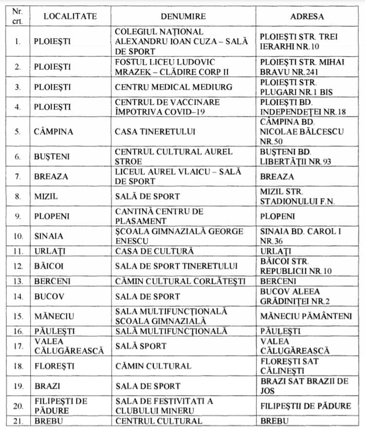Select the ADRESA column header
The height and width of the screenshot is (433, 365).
tap(307, 16)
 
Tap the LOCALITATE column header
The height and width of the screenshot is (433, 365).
tap(70, 16)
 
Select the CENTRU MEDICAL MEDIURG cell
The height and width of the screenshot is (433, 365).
tap(167, 87)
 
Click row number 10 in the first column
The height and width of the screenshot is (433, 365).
tap(18, 236)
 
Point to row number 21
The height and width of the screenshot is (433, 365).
tap(18, 421)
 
